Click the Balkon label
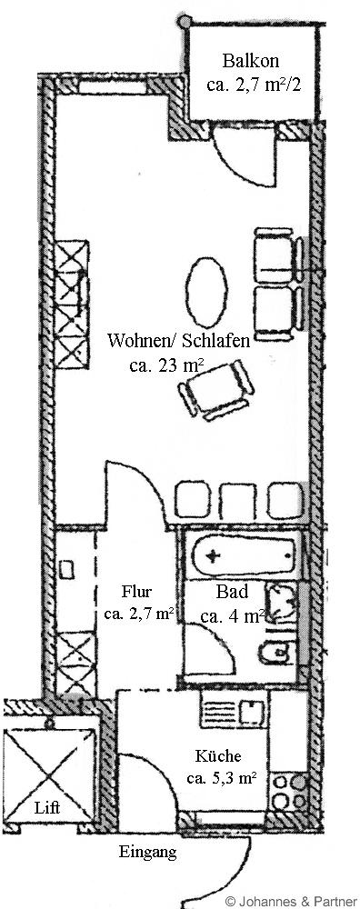(x=251, y=60)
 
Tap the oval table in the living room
(x=206, y=293)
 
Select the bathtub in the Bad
(x=244, y=556)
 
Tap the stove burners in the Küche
(x=289, y=793)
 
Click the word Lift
(x=47, y=807)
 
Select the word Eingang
(x=147, y=852)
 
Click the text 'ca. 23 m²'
(x=165, y=366)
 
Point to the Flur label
(x=136, y=593)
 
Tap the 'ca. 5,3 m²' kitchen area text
(x=222, y=778)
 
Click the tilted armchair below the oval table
(x=215, y=388)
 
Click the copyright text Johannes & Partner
(x=292, y=901)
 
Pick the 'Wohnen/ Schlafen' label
(x=179, y=341)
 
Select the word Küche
(x=217, y=756)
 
